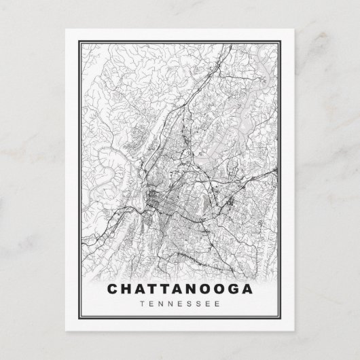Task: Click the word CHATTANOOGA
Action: coord(179,288)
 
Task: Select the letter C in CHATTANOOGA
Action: coord(113,288)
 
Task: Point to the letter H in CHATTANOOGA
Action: coord(127,288)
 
